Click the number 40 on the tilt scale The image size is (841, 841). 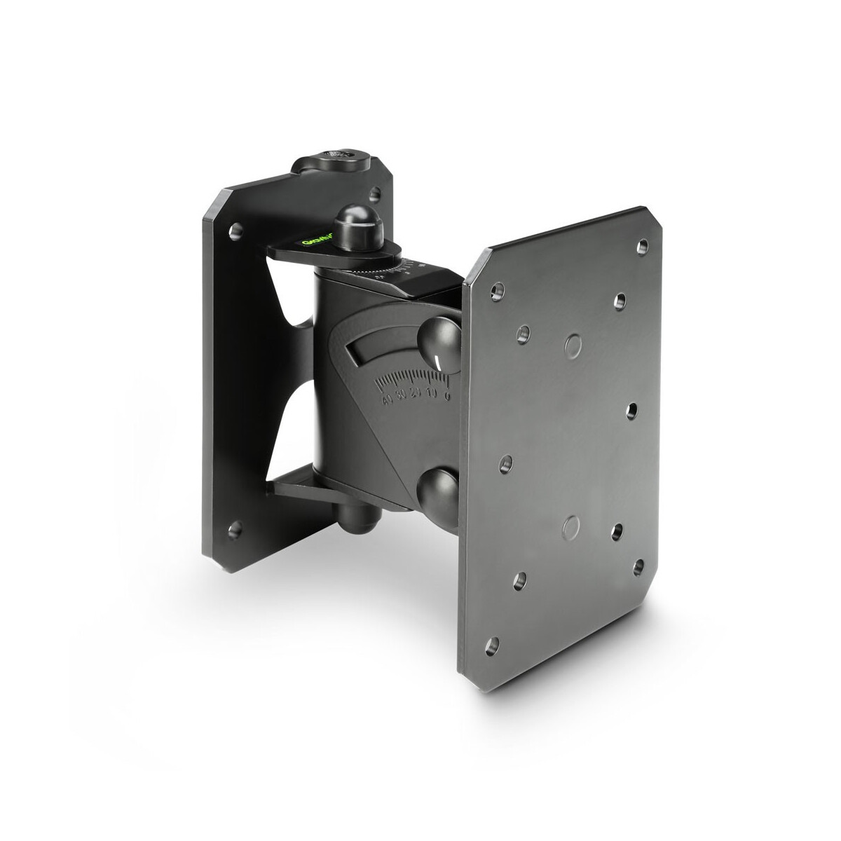tap(386, 400)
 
